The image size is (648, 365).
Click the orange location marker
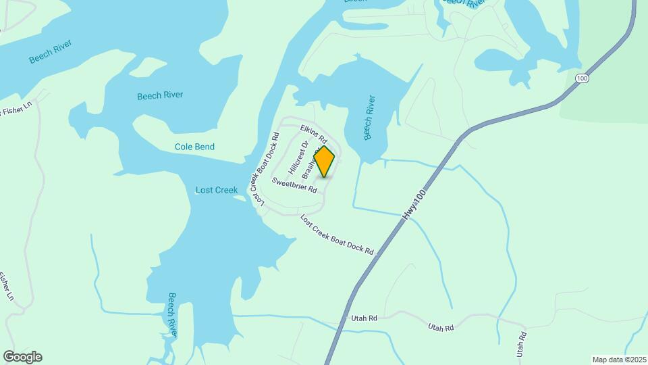tap(325, 161)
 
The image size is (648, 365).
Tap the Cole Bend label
tap(194, 147)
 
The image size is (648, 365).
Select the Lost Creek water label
tap(216, 190)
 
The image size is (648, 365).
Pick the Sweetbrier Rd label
tap(294, 185)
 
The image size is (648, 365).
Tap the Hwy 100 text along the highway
tap(416, 203)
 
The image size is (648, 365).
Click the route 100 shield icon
tap(582, 79)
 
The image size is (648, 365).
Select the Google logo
tap(22, 357)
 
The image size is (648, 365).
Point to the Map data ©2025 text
tap(618, 360)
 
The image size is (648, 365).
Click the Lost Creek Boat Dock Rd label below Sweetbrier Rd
tap(337, 235)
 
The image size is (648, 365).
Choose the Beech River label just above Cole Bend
tap(160, 95)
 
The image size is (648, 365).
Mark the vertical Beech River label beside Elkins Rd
tap(369, 117)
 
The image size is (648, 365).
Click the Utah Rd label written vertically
tap(520, 343)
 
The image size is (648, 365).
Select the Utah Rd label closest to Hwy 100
tap(364, 318)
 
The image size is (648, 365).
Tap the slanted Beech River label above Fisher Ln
tap(51, 52)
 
